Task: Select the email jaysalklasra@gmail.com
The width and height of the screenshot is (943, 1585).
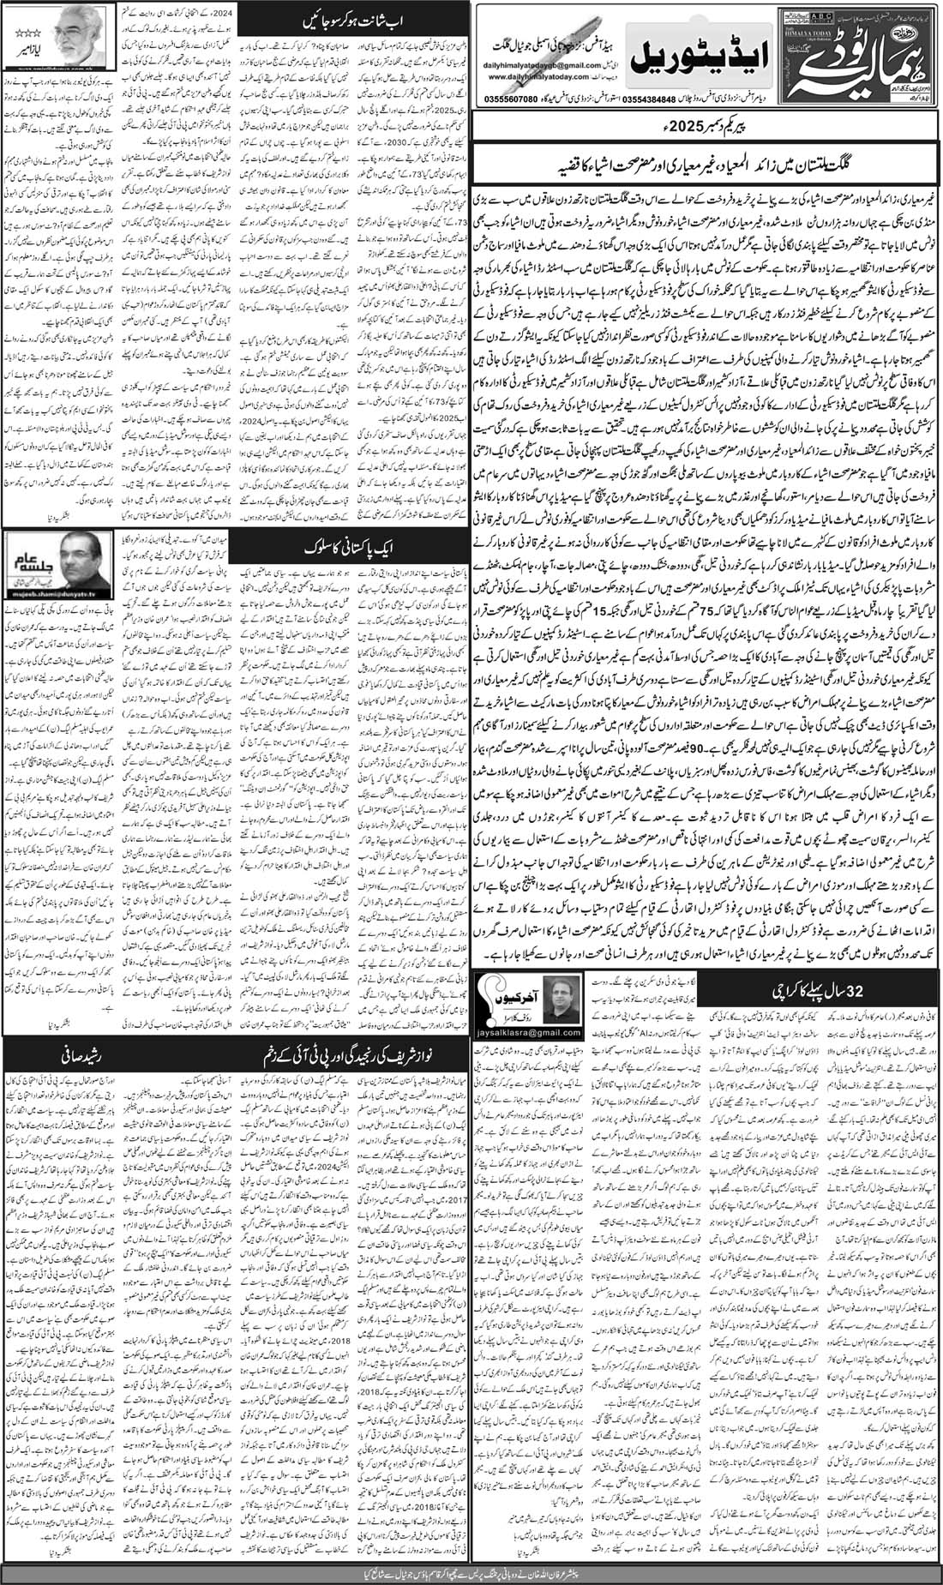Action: (514, 1016)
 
